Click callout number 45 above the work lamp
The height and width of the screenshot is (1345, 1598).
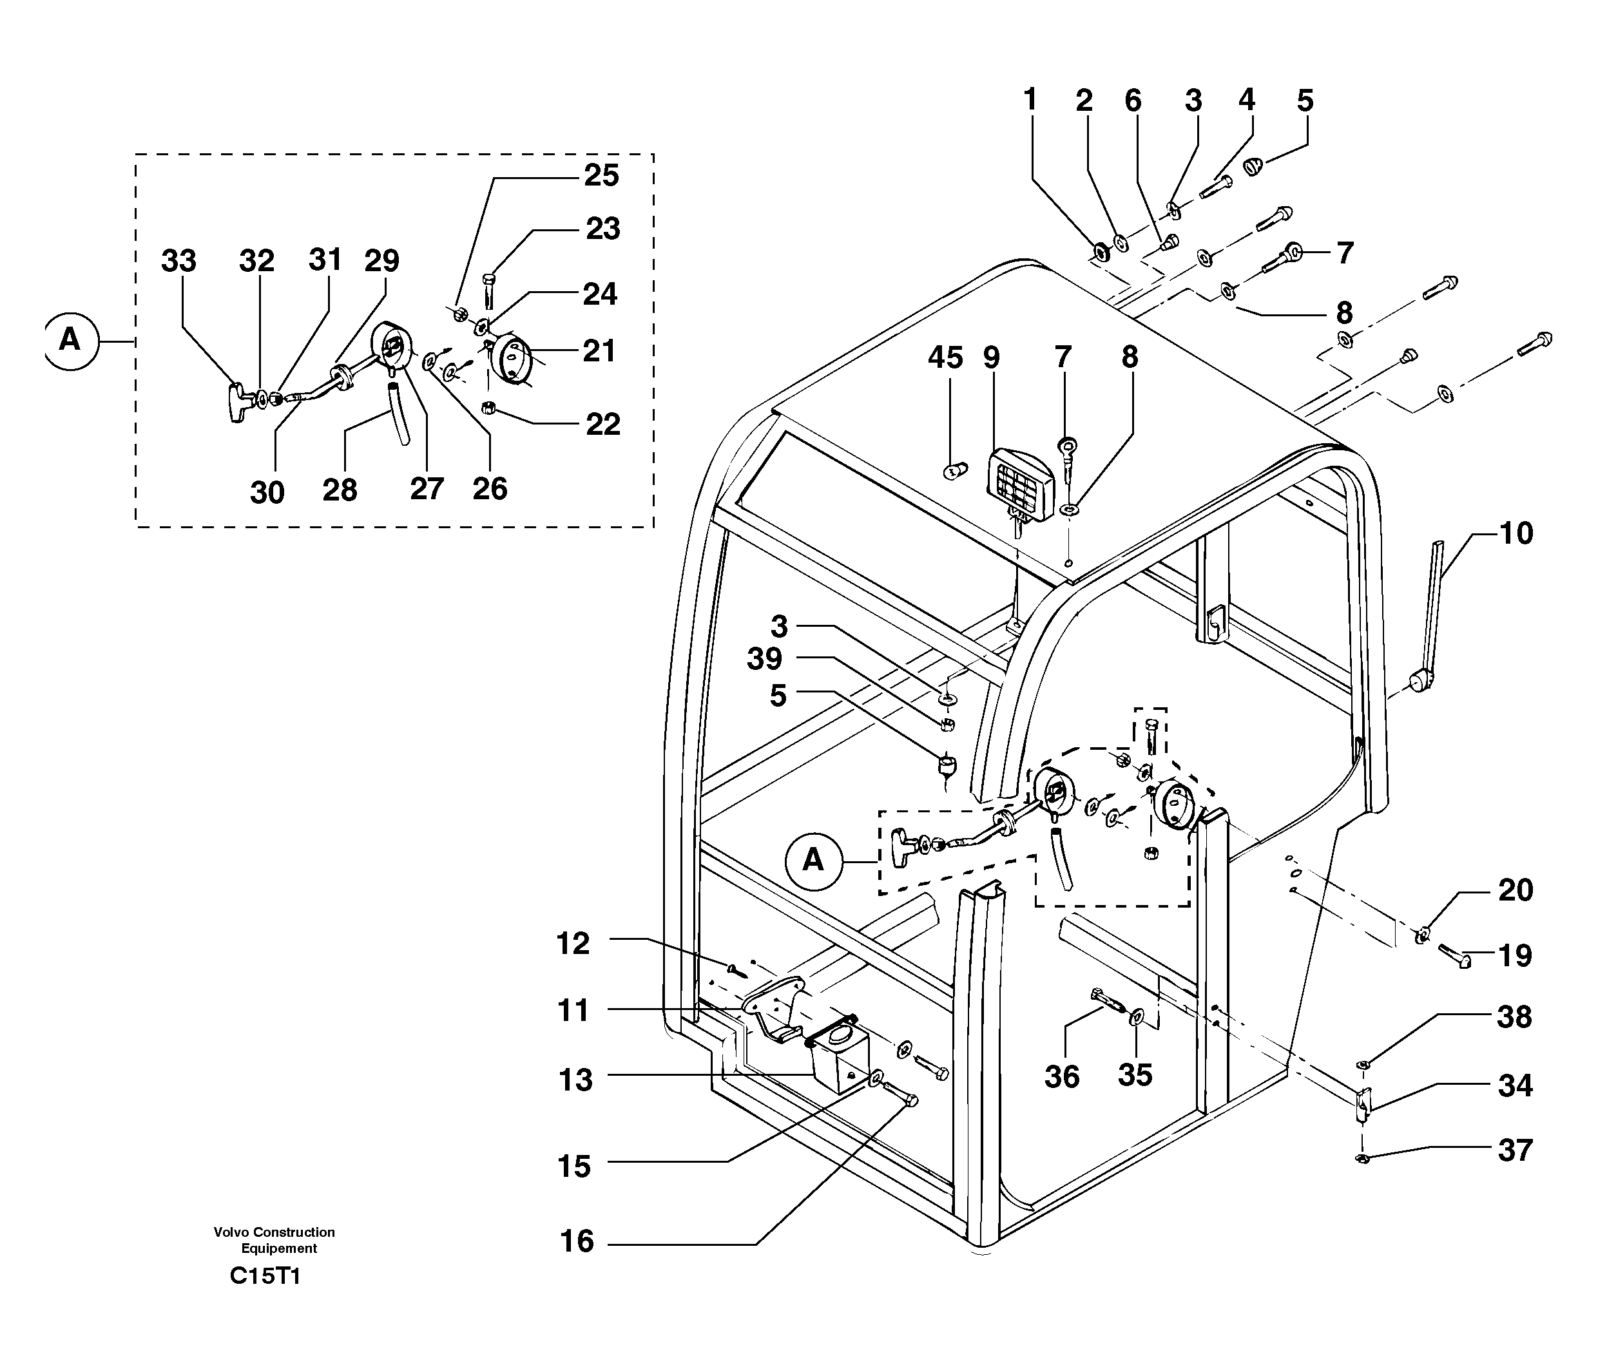(x=945, y=358)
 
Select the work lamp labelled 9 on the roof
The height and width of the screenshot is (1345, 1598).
(x=1020, y=484)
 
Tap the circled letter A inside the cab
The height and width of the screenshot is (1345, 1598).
(x=814, y=861)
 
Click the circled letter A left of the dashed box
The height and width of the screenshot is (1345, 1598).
(x=71, y=339)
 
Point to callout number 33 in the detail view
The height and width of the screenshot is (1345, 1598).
(x=178, y=261)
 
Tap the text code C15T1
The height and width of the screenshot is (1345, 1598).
(x=265, y=1275)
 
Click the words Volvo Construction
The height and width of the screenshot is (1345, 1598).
(x=274, y=1232)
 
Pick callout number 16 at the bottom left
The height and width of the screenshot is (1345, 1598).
(x=577, y=1241)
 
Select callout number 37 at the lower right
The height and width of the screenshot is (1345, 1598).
(x=1514, y=1150)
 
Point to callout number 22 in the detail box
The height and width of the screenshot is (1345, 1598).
(x=602, y=424)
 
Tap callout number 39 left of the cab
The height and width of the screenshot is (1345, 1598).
(x=764, y=659)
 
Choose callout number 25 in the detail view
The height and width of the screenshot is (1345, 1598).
(x=601, y=175)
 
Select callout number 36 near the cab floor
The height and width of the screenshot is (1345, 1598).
(x=1062, y=1076)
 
